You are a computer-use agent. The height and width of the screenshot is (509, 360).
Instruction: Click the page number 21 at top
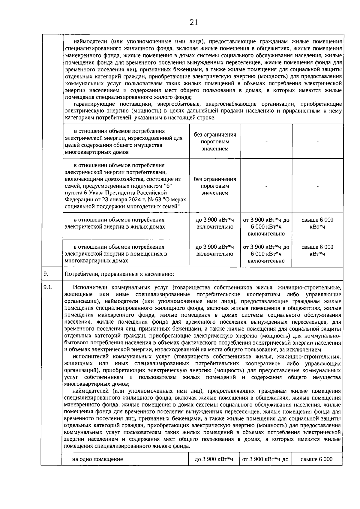tap(194, 22)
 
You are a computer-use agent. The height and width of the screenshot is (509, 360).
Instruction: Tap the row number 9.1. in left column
tap(48, 287)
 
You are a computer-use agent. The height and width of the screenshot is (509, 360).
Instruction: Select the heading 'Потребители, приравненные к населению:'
tap(119, 274)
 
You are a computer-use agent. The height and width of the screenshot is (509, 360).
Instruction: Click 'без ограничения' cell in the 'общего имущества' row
tap(215, 142)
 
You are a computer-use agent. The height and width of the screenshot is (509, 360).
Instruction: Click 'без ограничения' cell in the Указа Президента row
tap(215, 186)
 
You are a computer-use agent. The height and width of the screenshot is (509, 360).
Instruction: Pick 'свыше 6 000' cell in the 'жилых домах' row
tap(317, 223)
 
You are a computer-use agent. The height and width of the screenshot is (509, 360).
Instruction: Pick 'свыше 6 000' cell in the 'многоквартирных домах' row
tap(317, 250)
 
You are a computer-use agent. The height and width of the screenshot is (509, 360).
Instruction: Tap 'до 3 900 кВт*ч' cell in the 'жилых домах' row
tap(214, 223)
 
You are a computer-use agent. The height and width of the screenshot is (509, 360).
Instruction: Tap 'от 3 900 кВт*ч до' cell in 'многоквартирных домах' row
tap(266, 254)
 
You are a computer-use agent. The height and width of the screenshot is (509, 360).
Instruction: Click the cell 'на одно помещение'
tap(97, 459)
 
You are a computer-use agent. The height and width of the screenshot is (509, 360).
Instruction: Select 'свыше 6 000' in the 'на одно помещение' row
tap(316, 459)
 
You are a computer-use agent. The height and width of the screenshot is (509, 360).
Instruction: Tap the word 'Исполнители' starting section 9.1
tap(88, 287)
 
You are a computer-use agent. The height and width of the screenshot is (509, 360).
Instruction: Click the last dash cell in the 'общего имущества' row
tap(317, 142)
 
